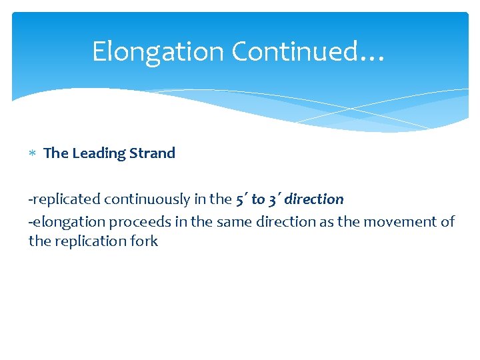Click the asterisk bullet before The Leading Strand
[33, 154]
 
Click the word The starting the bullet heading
[56, 153]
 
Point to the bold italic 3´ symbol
[274, 199]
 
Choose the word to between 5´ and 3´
[258, 199]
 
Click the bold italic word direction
[314, 199]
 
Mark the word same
[228, 221]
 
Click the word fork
[144, 241]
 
